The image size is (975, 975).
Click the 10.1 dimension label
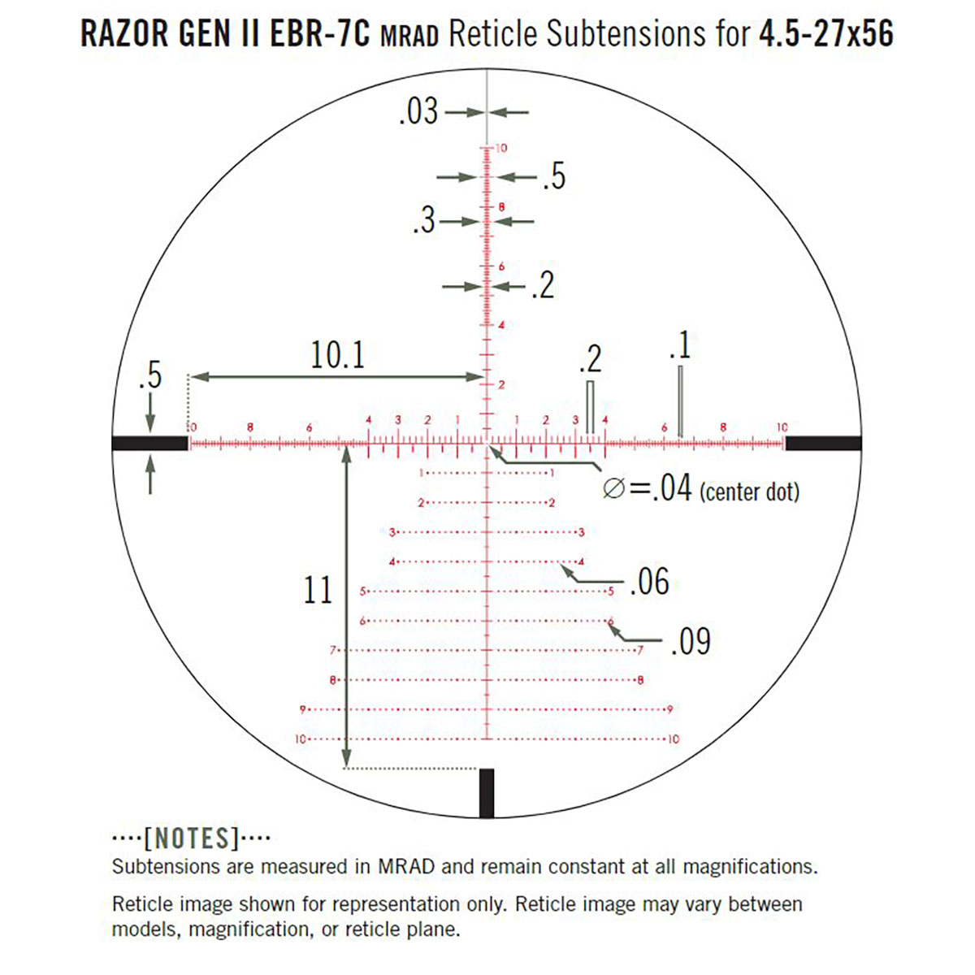pyautogui.click(x=337, y=355)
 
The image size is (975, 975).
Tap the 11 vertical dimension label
pyautogui.click(x=318, y=590)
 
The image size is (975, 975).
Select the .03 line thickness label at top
pyautogui.click(x=418, y=111)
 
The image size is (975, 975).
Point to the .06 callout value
pyautogui.click(x=649, y=582)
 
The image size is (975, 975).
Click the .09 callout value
pyautogui.click(x=691, y=642)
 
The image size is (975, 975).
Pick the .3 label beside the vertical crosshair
pyautogui.click(x=424, y=221)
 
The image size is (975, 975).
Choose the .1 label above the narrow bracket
pyautogui.click(x=679, y=345)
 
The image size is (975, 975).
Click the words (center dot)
pyautogui.click(x=749, y=492)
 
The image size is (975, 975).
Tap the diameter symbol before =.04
pyautogui.click(x=614, y=489)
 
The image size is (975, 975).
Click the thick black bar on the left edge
pyautogui.click(x=149, y=443)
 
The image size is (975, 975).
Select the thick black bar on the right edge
pyautogui.click(x=822, y=443)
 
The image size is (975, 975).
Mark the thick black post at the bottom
pyautogui.click(x=487, y=792)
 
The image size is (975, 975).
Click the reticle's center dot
pyautogui.click(x=487, y=443)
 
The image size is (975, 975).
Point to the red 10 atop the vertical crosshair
pyautogui.click(x=501, y=148)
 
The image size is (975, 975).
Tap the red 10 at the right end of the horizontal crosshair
pyautogui.click(x=781, y=427)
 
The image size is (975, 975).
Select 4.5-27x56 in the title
pyautogui.click(x=826, y=34)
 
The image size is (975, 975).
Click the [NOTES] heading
pyautogui.click(x=192, y=838)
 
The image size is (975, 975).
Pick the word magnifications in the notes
pyautogui.click(x=748, y=866)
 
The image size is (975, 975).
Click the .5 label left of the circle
pyautogui.click(x=149, y=376)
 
